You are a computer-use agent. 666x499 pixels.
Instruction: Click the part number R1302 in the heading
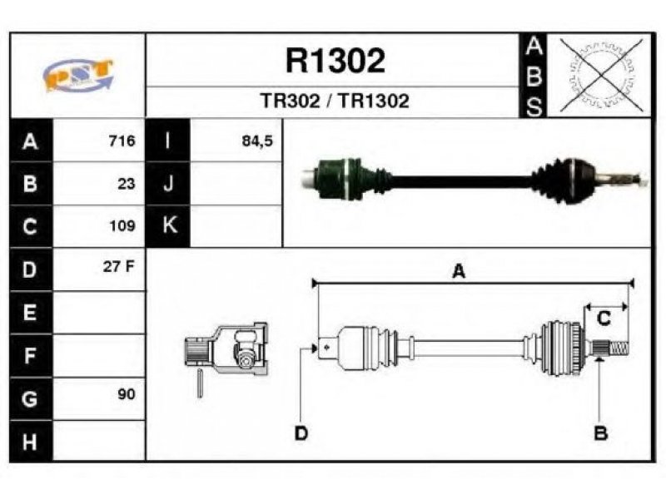[335, 61]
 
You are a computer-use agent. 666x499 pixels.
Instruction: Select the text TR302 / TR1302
[335, 101]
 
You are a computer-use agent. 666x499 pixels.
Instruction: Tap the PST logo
[78, 75]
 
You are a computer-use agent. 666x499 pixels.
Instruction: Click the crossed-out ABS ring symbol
[601, 75]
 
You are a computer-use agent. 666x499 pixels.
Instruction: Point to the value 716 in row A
[122, 141]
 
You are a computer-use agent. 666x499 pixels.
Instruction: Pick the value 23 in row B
[127, 184]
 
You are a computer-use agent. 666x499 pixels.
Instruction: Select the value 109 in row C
[122, 225]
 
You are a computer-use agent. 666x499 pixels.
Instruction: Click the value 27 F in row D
[118, 266]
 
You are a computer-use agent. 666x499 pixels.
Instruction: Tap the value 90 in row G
[127, 394]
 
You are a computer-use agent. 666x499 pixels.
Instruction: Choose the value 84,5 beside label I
[257, 141]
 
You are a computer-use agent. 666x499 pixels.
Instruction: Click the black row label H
[31, 442]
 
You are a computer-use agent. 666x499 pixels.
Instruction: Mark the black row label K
[168, 225]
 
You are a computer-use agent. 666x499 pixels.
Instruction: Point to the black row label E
[31, 313]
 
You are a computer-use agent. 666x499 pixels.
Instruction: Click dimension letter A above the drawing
[459, 271]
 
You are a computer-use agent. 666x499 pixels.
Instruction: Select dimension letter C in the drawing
[604, 319]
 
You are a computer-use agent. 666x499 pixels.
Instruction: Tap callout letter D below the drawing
[301, 433]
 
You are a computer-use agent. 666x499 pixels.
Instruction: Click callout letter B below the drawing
[600, 433]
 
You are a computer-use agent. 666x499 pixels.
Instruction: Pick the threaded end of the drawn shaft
[619, 348]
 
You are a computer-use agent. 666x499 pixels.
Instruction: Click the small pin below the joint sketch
[200, 383]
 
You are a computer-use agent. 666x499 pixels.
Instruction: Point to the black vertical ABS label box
[533, 76]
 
